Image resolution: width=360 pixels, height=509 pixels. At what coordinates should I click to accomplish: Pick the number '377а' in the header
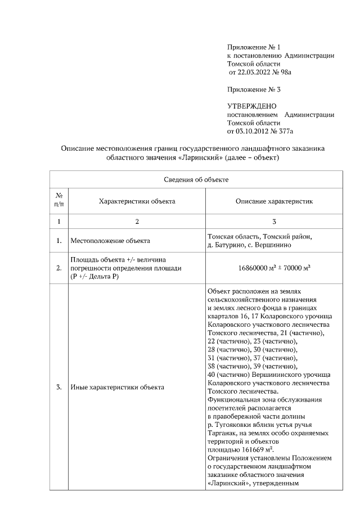coord(286,131)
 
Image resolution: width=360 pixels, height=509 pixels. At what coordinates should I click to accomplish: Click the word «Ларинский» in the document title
coord(200,158)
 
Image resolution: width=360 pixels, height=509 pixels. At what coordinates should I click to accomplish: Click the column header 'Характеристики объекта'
coord(137,201)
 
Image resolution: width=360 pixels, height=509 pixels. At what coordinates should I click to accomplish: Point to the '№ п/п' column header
coord(59,201)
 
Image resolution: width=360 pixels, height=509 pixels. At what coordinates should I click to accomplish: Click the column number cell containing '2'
coord(137,222)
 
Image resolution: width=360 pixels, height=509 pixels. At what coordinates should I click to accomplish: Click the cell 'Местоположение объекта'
coord(110,241)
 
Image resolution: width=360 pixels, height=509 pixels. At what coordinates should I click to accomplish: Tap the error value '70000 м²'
coord(297,268)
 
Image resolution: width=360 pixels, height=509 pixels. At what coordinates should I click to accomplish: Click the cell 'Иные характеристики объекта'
coord(117,388)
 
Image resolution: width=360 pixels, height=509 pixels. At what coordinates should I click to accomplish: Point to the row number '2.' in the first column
coord(59,268)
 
